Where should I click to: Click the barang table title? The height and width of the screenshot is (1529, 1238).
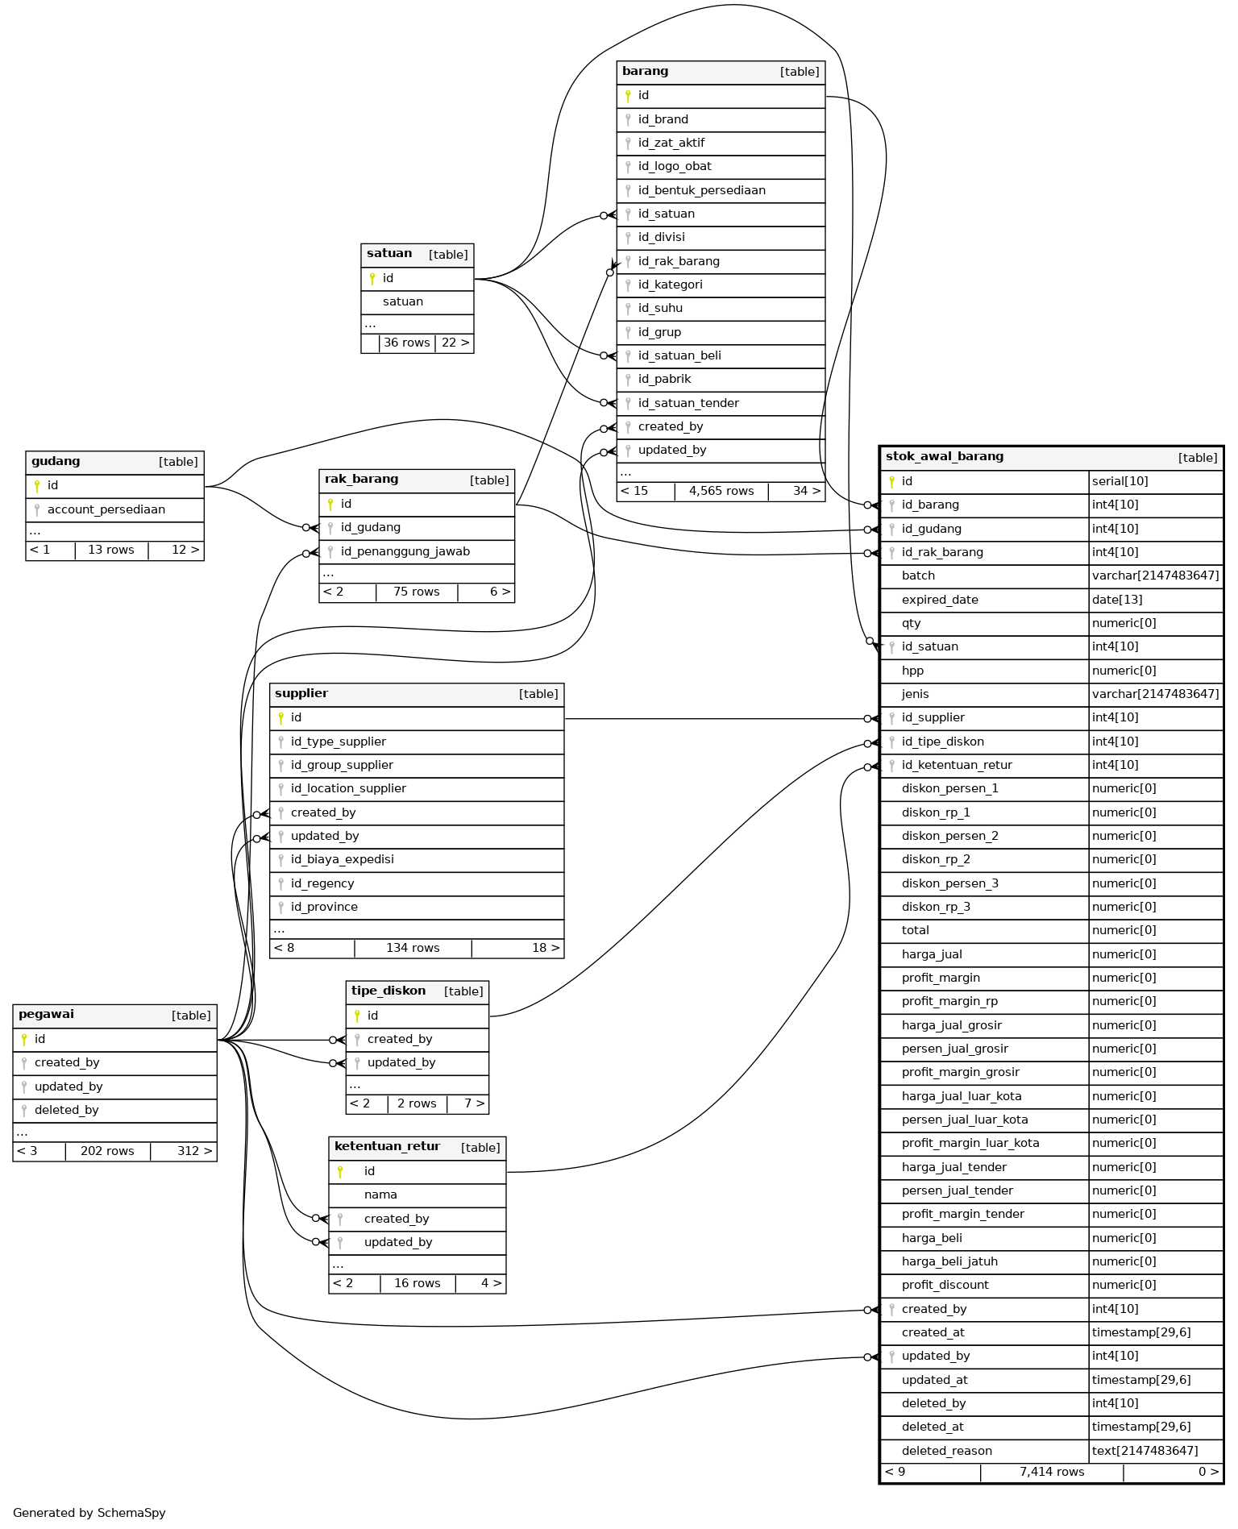646,72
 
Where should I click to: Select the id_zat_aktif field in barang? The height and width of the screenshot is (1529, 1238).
671,143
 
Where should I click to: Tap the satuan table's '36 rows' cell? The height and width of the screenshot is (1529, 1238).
407,343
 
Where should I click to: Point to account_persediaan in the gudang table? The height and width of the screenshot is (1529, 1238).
106,509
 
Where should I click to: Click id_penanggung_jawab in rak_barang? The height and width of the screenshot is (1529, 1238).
405,551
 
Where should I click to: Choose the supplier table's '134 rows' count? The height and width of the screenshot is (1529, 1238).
413,948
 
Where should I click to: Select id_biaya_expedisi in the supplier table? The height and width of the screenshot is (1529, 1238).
343,859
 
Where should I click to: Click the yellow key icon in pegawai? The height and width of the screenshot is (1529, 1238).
24,1039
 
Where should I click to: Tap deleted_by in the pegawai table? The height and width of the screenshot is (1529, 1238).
67,1110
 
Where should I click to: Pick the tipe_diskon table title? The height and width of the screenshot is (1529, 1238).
388,991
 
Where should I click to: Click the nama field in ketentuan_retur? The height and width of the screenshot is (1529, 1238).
380,1195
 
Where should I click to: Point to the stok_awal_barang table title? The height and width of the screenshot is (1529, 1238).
945,456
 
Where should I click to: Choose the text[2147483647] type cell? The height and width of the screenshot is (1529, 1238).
1145,1451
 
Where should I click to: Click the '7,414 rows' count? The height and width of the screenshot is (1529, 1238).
1052,1472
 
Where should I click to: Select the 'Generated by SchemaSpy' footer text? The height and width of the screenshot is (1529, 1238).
89,1513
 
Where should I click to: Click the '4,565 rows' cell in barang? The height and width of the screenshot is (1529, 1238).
721,491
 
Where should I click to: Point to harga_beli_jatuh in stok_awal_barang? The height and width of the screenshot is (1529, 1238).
949,1261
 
